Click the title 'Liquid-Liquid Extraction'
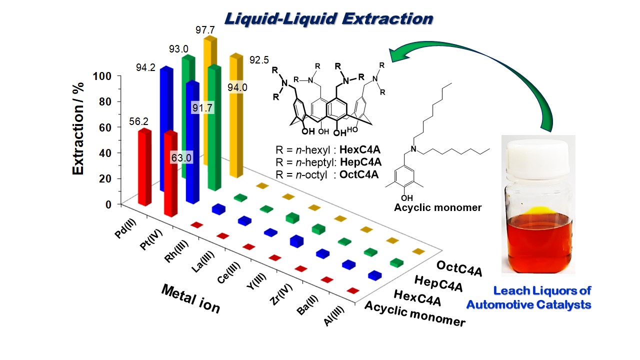tap(328, 18)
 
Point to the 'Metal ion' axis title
tap(190, 298)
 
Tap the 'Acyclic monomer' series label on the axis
tap(415, 313)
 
